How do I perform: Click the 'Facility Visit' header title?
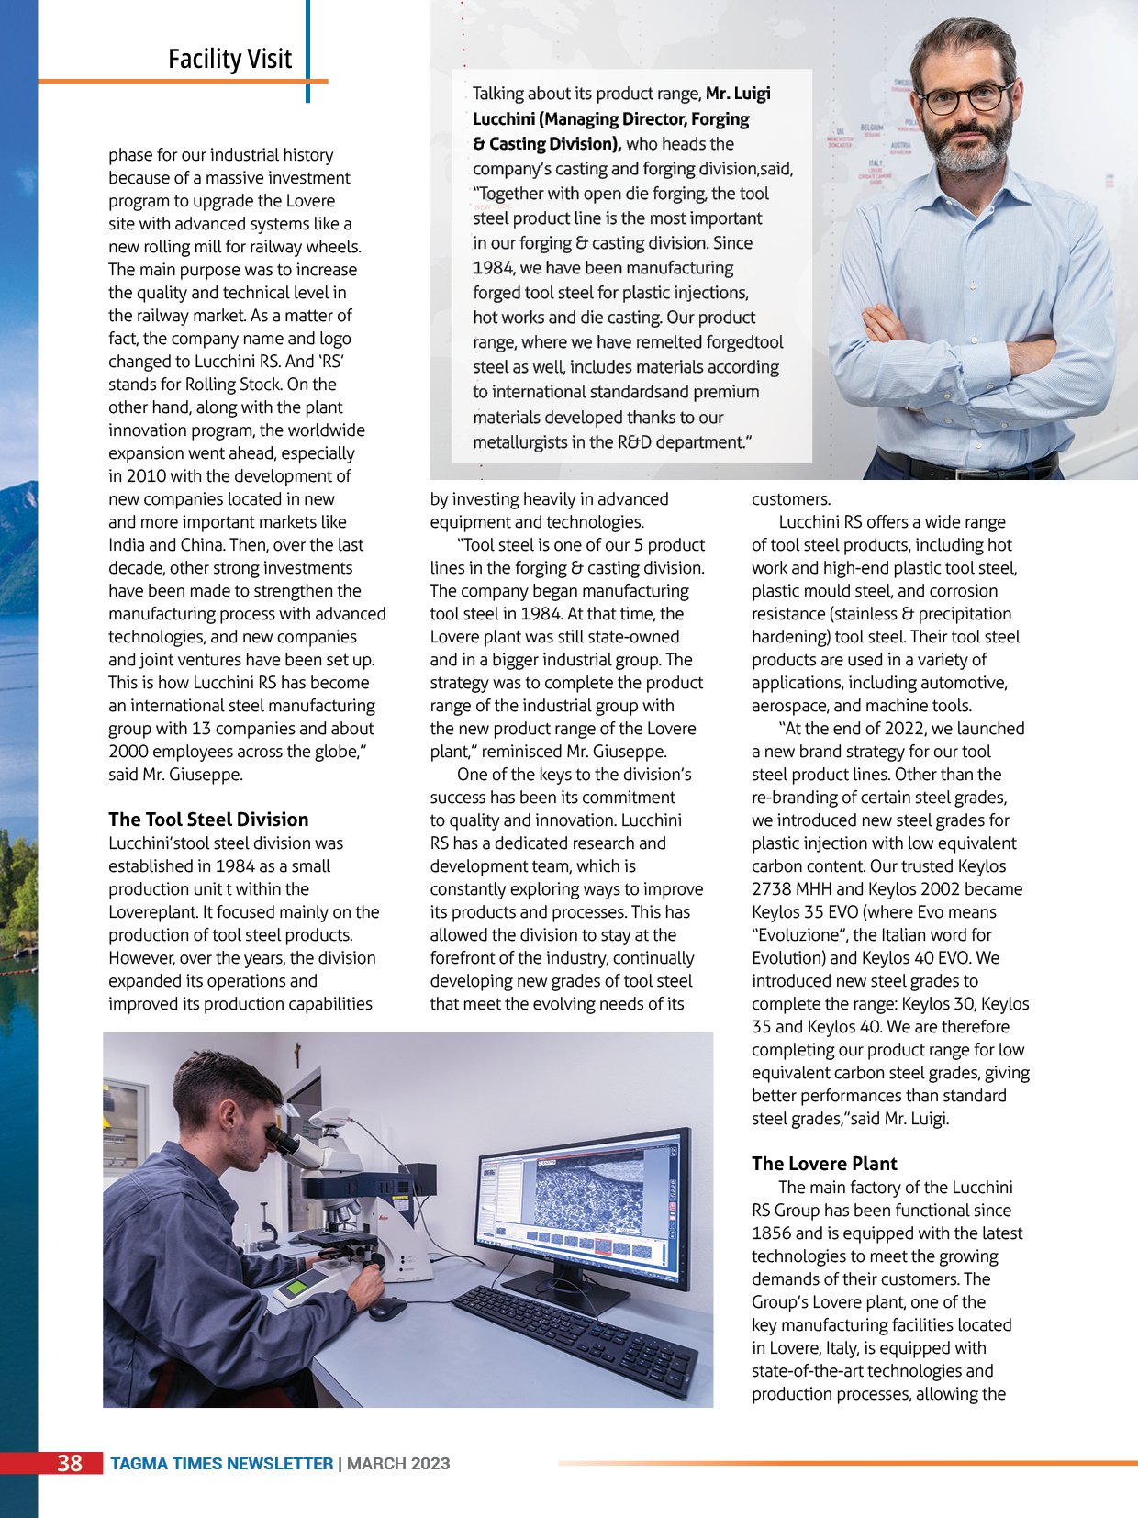coord(229,59)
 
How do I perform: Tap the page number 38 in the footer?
coord(70,1463)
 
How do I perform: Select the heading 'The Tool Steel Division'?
coord(208,820)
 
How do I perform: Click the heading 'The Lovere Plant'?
coord(824,1164)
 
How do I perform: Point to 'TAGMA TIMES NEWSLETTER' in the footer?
coord(221,1464)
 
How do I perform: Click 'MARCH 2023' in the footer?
coord(398,1464)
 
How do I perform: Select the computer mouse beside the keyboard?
coord(387,1309)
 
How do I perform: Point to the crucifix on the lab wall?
coord(296,1053)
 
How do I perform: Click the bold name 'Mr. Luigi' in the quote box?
coord(738,94)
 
